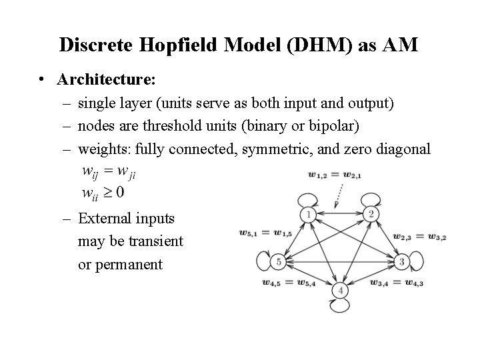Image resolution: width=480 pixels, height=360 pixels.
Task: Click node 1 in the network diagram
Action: point(308,215)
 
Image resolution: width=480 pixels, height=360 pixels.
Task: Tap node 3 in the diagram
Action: point(401,262)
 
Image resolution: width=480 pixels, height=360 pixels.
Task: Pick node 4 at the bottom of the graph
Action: point(341,291)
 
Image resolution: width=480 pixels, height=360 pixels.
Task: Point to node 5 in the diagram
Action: point(279,262)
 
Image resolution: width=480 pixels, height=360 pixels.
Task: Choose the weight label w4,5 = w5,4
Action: point(289,283)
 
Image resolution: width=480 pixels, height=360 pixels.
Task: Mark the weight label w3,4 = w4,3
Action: point(396,283)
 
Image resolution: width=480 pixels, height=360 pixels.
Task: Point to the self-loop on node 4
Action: point(341,306)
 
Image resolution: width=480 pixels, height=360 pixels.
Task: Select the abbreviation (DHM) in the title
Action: point(320,45)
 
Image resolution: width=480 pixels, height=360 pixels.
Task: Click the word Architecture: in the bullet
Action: point(107,80)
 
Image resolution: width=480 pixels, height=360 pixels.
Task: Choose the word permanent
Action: point(129,264)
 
